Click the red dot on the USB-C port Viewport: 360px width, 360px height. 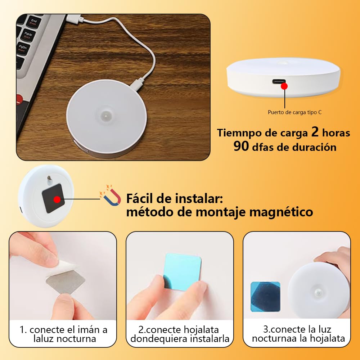[x=284, y=86]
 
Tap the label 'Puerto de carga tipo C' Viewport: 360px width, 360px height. [x=294, y=112]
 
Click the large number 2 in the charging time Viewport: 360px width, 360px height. [x=315, y=132]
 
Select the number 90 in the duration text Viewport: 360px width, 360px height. [x=241, y=146]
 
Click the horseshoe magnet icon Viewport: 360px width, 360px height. [x=110, y=195]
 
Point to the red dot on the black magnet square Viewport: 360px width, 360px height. [x=57, y=199]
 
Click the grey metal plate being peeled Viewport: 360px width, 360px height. [x=66, y=282]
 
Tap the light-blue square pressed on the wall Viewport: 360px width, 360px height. [x=183, y=271]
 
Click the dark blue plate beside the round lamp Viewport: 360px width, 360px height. [x=265, y=296]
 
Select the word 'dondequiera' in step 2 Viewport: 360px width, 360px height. [x=153, y=339]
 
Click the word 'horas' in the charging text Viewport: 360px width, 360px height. [x=336, y=133]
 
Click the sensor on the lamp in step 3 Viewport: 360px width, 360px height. [x=319, y=292]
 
